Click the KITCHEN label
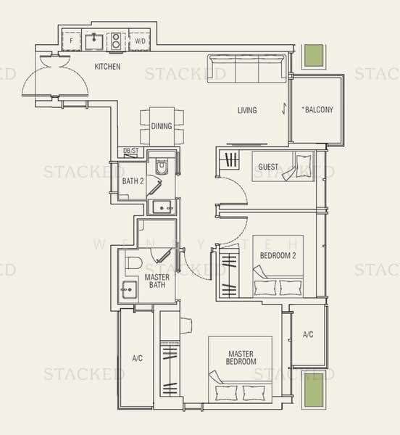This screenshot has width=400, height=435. click(107, 67)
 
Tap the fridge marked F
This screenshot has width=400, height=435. click(71, 41)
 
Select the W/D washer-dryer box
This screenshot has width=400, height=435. click(140, 41)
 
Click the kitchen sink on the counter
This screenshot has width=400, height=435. click(94, 41)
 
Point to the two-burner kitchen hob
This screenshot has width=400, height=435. click(116, 41)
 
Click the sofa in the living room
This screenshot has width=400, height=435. click(246, 68)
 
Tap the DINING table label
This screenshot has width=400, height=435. click(162, 126)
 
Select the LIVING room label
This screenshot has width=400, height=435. click(247, 110)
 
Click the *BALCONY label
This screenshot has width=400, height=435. click(317, 109)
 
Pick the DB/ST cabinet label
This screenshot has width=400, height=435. click(131, 151)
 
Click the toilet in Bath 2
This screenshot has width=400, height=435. click(162, 166)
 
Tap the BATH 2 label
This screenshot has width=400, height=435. click(133, 181)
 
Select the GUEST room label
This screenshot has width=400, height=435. click(268, 167)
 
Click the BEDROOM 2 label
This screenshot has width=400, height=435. click(278, 255)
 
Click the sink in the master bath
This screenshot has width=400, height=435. click(130, 290)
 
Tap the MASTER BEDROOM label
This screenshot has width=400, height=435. click(241, 357)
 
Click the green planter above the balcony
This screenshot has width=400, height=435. click(314, 56)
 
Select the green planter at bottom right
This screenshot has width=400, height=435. click(314, 390)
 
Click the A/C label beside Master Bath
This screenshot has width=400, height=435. click(138, 358)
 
